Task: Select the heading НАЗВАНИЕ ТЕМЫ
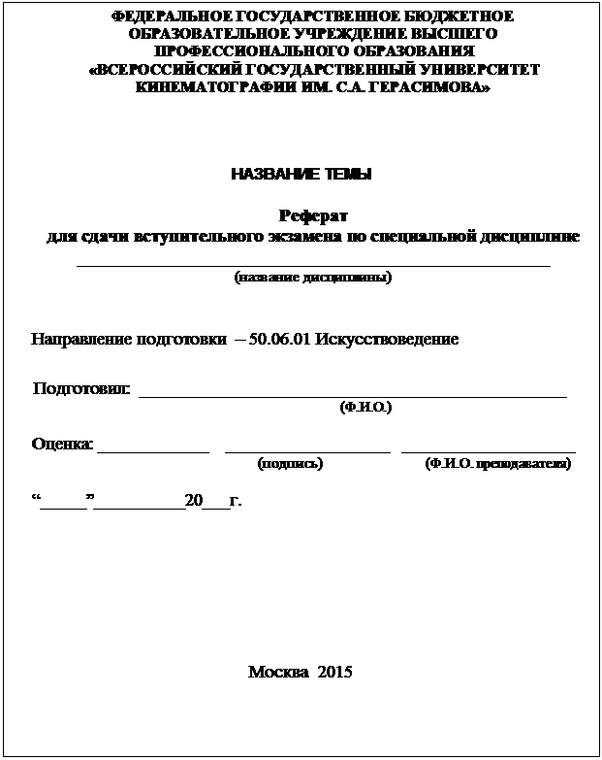301,175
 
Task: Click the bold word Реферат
313,215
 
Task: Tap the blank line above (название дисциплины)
313,263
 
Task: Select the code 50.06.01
281,341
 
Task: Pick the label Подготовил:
81,390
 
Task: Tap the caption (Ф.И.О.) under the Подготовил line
365,409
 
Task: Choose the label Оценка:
63,445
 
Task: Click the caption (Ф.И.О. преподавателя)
498,464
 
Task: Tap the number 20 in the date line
193,502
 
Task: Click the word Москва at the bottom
277,673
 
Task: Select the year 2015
334,673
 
